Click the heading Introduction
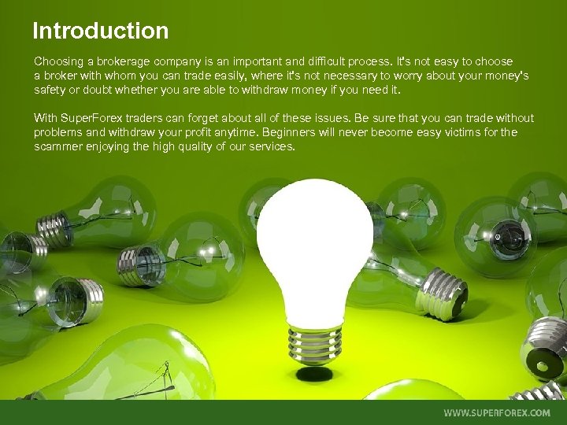(100, 31)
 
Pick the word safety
(50, 90)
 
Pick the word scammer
(60, 146)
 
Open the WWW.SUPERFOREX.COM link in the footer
(497, 412)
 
